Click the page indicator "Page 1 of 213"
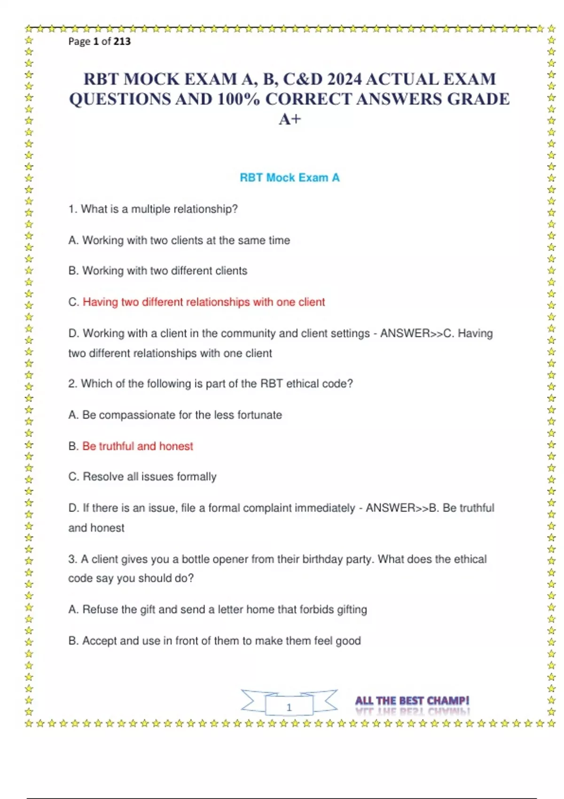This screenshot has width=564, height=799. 99,41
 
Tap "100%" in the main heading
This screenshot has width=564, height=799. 238,99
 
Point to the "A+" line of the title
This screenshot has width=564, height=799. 290,119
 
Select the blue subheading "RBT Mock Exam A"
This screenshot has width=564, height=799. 290,178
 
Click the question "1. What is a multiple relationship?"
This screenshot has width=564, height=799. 153,209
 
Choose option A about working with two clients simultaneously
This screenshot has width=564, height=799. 179,240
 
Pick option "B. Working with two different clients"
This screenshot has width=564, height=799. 158,271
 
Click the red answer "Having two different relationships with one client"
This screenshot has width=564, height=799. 204,302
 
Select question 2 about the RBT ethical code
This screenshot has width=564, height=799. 211,384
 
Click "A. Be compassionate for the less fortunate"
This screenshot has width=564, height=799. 175,415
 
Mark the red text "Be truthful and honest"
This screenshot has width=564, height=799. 138,446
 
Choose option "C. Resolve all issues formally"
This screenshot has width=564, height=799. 142,477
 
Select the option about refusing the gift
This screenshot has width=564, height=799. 218,610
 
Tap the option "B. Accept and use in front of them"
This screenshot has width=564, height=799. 215,641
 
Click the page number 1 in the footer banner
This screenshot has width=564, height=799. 289,707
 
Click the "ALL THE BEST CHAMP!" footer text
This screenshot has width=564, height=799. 412,701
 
